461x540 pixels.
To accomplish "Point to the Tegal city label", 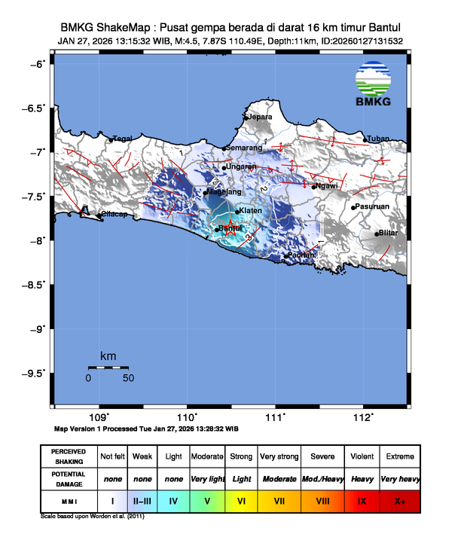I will pyautogui.click(x=123, y=139).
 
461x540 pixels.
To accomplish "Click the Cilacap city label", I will pyautogui.click(x=113, y=215).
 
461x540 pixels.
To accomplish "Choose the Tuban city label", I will pyautogui.click(x=379, y=139).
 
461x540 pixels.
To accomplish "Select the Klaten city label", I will pyautogui.click(x=250, y=211).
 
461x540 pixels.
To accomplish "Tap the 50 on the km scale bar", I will pyautogui.click(x=128, y=378).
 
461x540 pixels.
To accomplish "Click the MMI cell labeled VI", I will pyautogui.click(x=242, y=499).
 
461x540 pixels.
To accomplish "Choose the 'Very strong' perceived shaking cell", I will pyautogui.click(x=278, y=456).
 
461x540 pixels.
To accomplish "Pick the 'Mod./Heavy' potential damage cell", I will pyautogui.click(x=322, y=478).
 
